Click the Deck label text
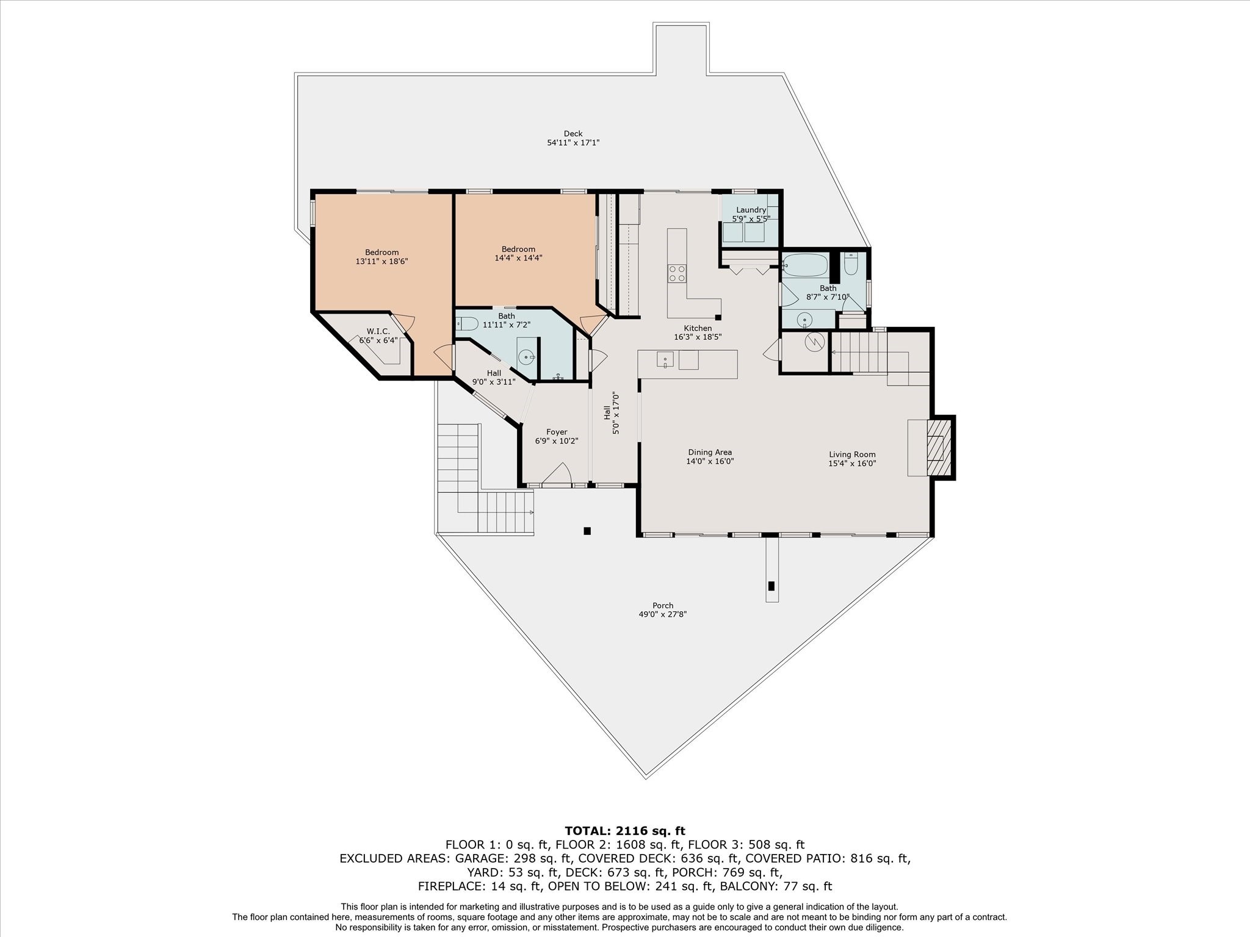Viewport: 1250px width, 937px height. pyautogui.click(x=573, y=134)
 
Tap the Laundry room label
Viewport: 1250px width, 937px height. pyautogui.click(x=751, y=210)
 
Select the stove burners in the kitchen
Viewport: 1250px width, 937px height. pyautogui.click(x=677, y=273)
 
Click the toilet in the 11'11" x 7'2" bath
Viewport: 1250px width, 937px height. pyautogui.click(x=466, y=323)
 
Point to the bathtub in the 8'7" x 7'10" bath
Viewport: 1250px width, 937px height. pyautogui.click(x=806, y=266)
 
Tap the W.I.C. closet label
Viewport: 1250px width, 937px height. pyautogui.click(x=378, y=331)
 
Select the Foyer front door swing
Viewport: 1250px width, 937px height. pyautogui.click(x=557, y=475)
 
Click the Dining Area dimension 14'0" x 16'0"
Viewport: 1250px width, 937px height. pyautogui.click(x=709, y=462)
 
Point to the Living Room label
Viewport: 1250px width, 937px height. pyautogui.click(x=852, y=454)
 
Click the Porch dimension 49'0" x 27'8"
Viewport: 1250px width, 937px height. pyautogui.click(x=662, y=615)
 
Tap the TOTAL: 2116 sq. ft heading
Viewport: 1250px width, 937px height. pyautogui.click(x=624, y=831)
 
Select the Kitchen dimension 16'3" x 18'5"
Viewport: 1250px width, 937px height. pyautogui.click(x=698, y=337)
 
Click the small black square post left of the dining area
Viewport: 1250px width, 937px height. pyautogui.click(x=587, y=531)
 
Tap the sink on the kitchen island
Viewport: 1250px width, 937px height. pyautogui.click(x=664, y=360)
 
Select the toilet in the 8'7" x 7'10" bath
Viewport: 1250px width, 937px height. pyautogui.click(x=851, y=265)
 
